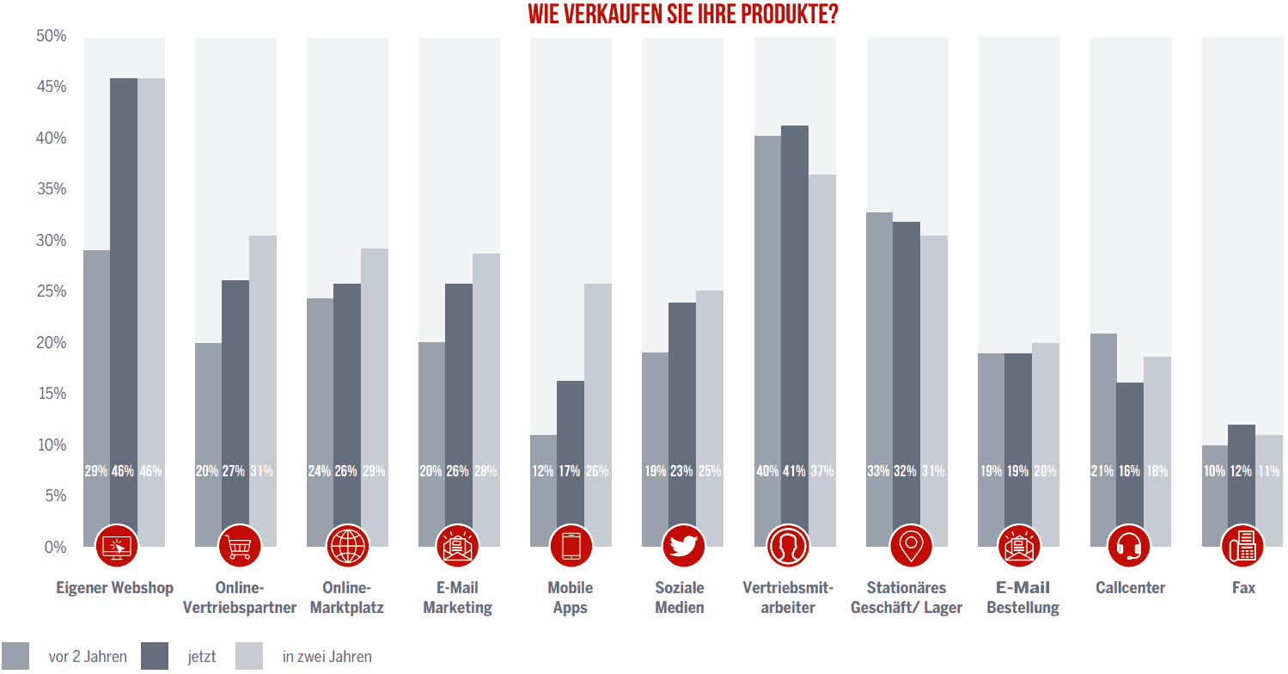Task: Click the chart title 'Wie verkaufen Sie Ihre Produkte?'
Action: (x=682, y=15)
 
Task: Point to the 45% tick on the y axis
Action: (x=52, y=87)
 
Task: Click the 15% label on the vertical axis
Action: (x=52, y=394)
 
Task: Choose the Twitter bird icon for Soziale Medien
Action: (x=683, y=546)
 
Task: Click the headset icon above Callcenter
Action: (x=1130, y=546)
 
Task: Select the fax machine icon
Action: (x=1242, y=546)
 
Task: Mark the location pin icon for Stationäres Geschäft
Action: (x=906, y=546)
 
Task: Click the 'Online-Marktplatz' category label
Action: (x=347, y=597)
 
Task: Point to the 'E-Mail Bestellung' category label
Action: (x=1022, y=597)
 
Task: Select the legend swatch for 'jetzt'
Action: (x=155, y=656)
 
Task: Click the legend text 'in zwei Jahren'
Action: (x=327, y=657)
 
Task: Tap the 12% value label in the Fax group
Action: (x=1242, y=471)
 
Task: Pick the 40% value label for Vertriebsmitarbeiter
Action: (x=767, y=471)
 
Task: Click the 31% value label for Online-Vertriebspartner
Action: (x=262, y=471)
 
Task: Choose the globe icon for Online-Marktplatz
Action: (x=348, y=546)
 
